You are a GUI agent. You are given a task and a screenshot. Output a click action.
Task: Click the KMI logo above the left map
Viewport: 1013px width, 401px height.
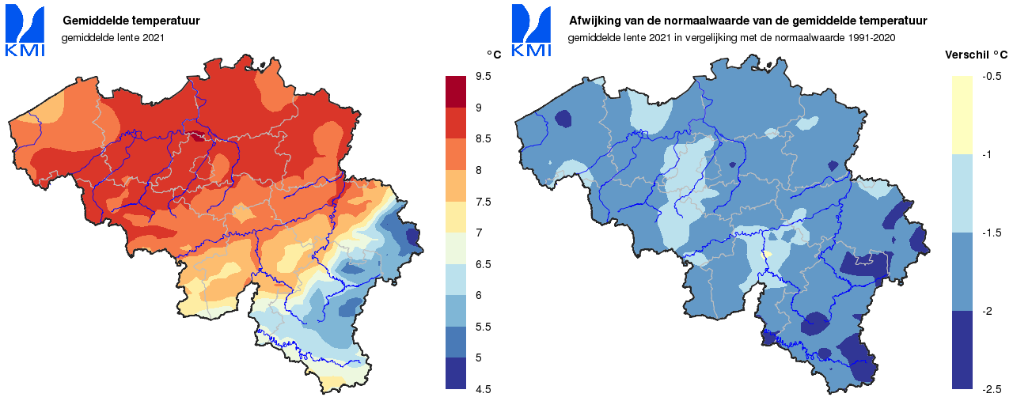click(x=25, y=30)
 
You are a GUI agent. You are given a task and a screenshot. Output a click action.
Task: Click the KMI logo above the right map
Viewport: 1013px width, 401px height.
click(x=532, y=30)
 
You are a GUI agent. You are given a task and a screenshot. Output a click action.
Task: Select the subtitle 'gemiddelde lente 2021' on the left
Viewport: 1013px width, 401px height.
click(x=112, y=37)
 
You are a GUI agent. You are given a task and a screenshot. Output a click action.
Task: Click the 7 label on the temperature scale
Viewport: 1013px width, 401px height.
click(x=479, y=233)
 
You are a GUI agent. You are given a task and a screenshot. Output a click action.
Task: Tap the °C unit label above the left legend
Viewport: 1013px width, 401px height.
click(x=494, y=54)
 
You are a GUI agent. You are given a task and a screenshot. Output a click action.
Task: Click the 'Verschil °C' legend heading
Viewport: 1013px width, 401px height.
click(x=977, y=55)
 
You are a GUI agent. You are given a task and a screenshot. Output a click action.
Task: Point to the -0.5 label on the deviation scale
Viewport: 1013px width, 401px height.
click(x=992, y=76)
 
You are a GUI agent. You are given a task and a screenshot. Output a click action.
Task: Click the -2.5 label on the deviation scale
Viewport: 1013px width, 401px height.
click(x=992, y=388)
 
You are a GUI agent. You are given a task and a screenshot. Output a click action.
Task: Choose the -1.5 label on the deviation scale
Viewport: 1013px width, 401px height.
click(x=992, y=233)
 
